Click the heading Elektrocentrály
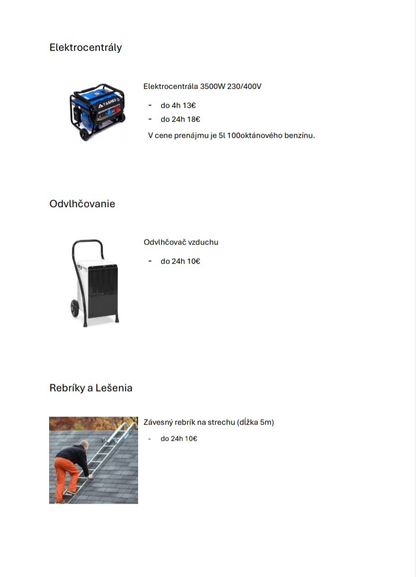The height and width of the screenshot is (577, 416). (x=86, y=47)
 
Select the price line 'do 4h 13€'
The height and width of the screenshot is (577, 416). (x=178, y=105)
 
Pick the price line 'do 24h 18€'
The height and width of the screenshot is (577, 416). (x=180, y=119)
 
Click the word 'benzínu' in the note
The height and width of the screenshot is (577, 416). (x=300, y=136)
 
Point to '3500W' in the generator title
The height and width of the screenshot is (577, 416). (x=211, y=87)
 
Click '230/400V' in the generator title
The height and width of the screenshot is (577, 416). (x=245, y=87)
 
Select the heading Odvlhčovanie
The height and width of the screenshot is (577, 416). (x=82, y=204)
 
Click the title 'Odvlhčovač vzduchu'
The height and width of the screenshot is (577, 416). (x=181, y=242)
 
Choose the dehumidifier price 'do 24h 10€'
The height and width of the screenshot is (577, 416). (x=180, y=261)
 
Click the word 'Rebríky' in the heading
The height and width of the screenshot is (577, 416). (x=67, y=388)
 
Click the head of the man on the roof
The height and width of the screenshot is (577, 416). (x=84, y=445)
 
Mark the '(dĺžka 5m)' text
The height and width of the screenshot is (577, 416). (x=255, y=422)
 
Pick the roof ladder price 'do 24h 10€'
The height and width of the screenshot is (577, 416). (x=179, y=439)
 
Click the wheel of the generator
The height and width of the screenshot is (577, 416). (x=85, y=134)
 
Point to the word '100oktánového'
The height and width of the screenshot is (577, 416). (x=257, y=136)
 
